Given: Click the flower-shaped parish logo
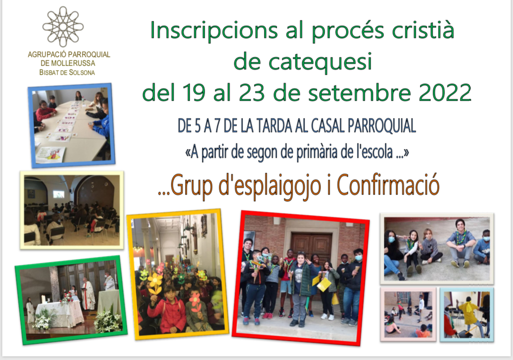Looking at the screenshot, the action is point(63,26).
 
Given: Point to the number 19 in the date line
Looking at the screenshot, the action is point(194,93).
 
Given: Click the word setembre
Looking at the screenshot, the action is point(359,93).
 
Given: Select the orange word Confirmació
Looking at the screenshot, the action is point(388,185).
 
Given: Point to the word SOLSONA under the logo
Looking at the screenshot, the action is point(81,72).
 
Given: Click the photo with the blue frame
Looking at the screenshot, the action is point(71,125).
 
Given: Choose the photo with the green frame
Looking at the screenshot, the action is point(71,300).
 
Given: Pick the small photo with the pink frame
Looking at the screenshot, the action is point(408,314).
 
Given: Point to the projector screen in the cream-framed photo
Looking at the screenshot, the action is point(59,195).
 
